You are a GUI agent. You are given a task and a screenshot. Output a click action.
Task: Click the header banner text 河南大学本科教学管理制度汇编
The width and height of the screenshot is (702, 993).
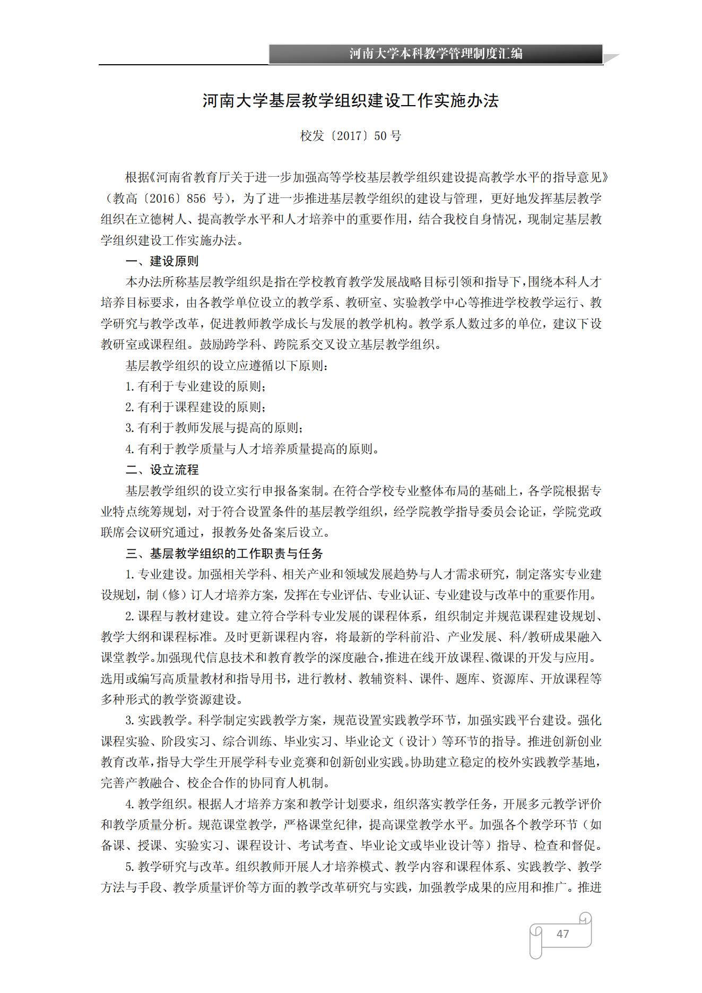click(435, 54)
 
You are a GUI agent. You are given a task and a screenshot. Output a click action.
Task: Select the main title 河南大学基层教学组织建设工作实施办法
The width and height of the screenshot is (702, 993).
click(351, 101)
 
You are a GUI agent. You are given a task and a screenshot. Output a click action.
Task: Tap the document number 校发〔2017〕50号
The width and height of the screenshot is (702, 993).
click(351, 136)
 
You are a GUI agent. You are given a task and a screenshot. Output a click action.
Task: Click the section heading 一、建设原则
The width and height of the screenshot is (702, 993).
click(162, 261)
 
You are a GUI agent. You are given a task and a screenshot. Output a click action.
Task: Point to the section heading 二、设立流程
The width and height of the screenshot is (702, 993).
click(162, 470)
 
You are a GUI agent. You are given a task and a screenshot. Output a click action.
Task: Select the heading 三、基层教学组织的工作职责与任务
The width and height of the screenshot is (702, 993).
click(224, 554)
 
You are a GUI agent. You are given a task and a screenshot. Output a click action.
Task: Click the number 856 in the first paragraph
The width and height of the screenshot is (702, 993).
click(196, 198)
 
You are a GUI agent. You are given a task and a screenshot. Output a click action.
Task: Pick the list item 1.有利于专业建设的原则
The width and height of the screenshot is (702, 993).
click(195, 386)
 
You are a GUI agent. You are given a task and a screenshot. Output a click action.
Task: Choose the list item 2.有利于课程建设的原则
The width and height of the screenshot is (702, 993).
click(195, 407)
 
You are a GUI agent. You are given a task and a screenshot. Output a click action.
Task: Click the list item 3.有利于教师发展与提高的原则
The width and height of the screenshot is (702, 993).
click(214, 428)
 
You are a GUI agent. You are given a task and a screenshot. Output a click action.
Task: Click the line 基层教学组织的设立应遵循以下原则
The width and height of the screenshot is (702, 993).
click(227, 366)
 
